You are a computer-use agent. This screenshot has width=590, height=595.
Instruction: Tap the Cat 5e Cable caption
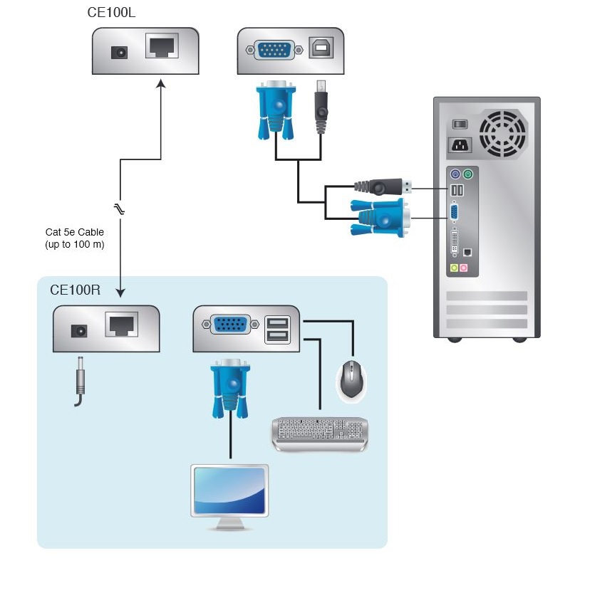pyautogui.click(x=75, y=238)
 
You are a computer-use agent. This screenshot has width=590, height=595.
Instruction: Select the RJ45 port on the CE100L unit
pyautogui.click(x=162, y=46)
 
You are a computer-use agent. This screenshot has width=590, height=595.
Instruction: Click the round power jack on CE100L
pyautogui.click(x=118, y=52)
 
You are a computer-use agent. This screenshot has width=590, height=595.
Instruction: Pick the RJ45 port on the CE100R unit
pyautogui.click(x=121, y=325)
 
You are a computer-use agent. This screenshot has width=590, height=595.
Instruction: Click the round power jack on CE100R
pyautogui.click(x=79, y=330)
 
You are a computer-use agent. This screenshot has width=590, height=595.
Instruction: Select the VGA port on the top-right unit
pyautogui.click(x=274, y=50)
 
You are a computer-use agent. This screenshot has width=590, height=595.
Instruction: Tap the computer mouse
pyautogui.click(x=351, y=378)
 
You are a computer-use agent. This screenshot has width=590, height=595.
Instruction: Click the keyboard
pyautogui.click(x=320, y=433)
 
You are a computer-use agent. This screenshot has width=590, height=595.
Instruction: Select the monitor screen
pyautogui.click(x=229, y=491)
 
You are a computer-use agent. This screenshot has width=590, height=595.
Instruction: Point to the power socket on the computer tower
pyautogui.click(x=460, y=145)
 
